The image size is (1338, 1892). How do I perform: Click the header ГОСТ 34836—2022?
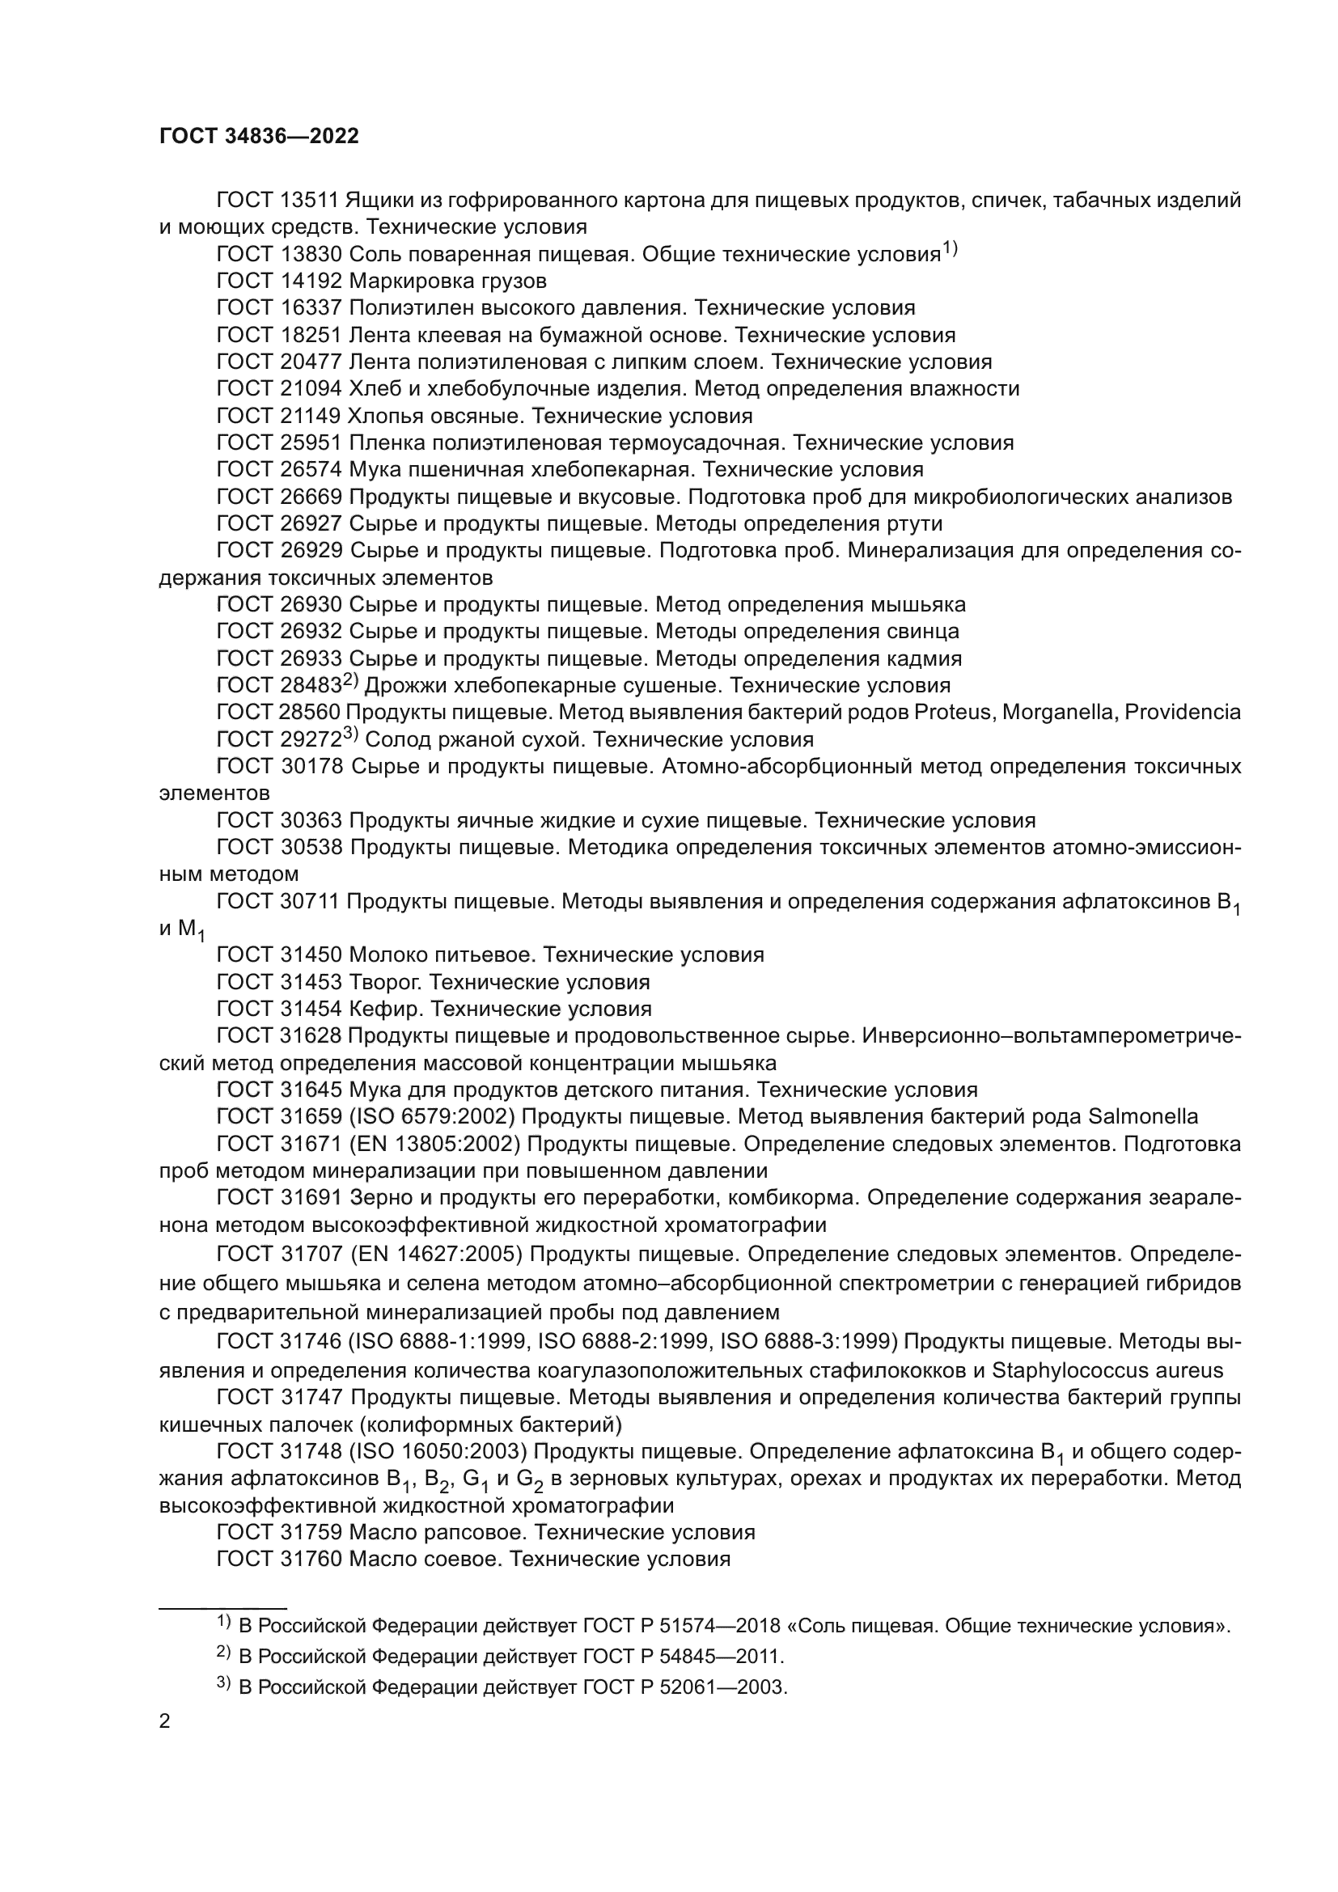pyautogui.click(x=259, y=137)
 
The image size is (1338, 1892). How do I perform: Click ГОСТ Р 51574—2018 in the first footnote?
pyautogui.click(x=681, y=1626)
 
